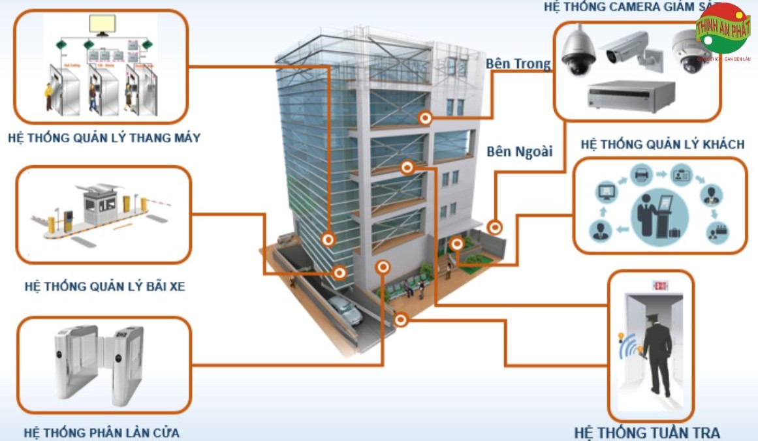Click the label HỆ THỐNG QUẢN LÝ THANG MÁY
click(x=104, y=138)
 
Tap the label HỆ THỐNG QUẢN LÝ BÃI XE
click(x=104, y=286)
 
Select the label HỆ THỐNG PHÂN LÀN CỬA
click(x=101, y=433)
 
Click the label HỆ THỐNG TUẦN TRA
click(x=647, y=433)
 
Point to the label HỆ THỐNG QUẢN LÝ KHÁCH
click(x=662, y=144)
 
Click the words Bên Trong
click(x=518, y=64)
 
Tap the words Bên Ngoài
click(x=519, y=151)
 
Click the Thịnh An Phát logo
click(x=723, y=31)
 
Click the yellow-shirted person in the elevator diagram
click(x=48, y=97)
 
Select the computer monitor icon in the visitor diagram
click(x=606, y=192)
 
